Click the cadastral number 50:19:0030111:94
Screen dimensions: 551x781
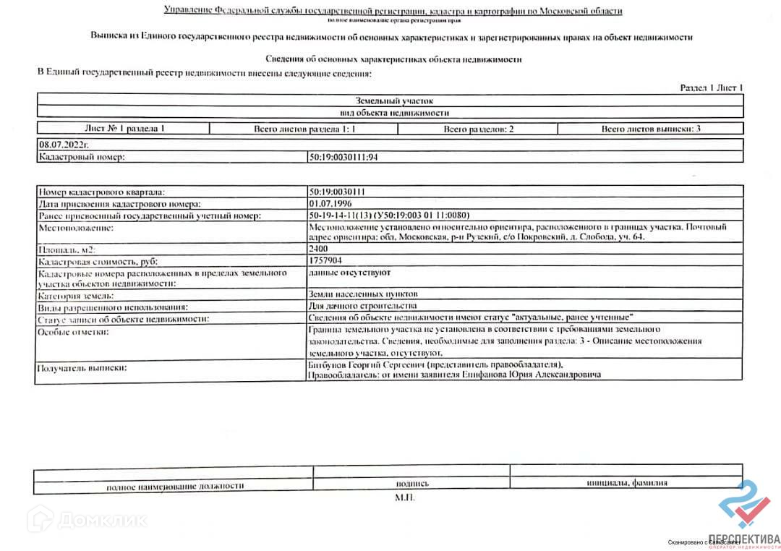coord(343,156)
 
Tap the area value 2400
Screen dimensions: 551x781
coord(318,249)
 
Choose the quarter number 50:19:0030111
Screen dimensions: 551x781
coord(336,192)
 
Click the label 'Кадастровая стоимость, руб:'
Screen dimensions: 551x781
coord(98,261)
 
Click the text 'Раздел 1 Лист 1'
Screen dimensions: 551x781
coord(712,87)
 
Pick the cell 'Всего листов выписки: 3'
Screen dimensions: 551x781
coord(651,129)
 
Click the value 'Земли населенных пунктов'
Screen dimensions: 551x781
coord(362,294)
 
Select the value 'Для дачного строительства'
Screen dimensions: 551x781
coord(362,306)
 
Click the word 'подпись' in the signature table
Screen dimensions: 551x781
coord(411,484)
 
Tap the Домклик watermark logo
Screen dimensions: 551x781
coord(90,519)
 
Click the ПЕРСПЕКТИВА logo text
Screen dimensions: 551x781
coord(744,538)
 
